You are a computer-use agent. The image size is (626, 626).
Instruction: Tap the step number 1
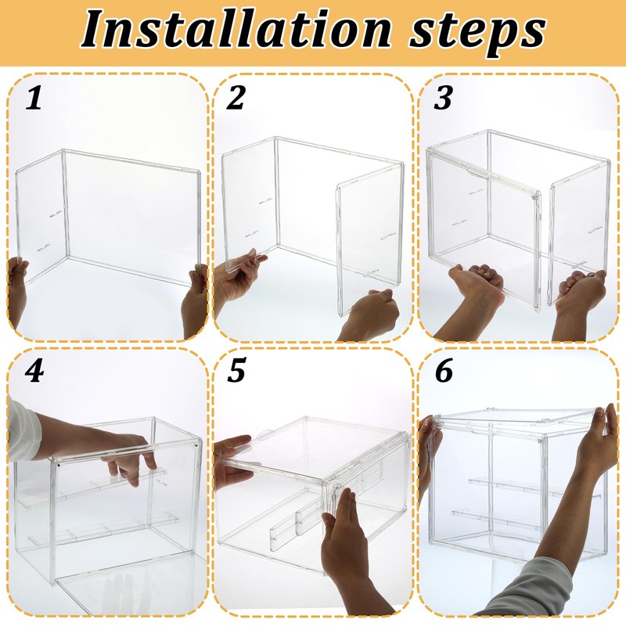(x=34, y=99)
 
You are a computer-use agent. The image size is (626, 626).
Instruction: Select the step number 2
(x=236, y=98)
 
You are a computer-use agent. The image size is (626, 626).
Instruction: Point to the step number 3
(x=443, y=97)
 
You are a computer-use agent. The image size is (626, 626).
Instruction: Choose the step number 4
(x=34, y=371)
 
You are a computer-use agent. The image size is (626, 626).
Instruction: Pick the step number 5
(x=236, y=370)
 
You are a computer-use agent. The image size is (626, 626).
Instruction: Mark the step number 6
(x=444, y=370)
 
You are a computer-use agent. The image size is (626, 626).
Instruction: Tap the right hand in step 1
(x=195, y=301)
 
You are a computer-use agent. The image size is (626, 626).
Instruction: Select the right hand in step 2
(x=369, y=315)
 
